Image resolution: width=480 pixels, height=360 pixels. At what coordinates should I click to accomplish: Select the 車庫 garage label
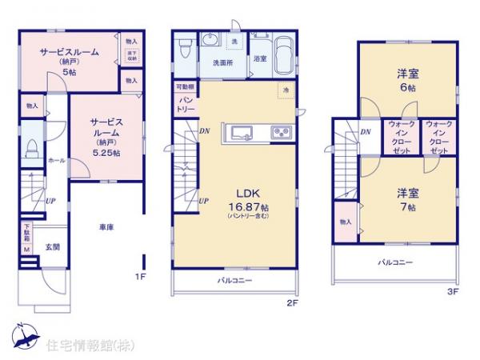(x=106, y=226)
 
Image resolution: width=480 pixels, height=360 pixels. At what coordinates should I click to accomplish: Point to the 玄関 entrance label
(x=51, y=246)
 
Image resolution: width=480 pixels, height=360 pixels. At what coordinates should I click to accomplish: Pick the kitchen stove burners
(x=281, y=131)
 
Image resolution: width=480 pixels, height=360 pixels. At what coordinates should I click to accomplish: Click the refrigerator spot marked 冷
(x=284, y=90)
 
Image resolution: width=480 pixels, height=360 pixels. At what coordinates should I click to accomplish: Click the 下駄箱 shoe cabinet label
(x=26, y=234)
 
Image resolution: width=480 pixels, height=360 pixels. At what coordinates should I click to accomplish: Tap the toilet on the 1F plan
(x=31, y=149)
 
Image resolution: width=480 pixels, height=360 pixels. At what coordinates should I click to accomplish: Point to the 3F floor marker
(x=453, y=291)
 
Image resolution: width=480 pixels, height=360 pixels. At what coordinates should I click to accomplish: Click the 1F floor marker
(x=139, y=277)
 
